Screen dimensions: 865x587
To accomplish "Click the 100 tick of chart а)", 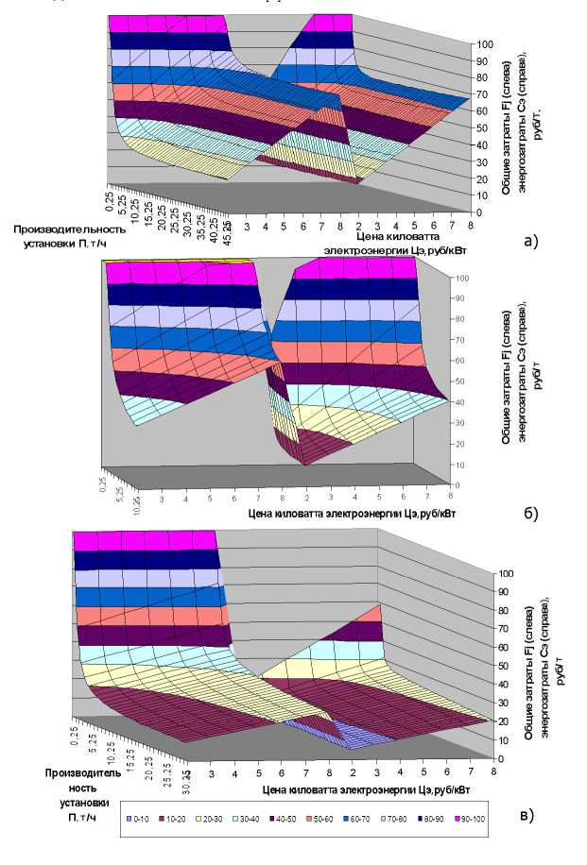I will coord(484,44).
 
